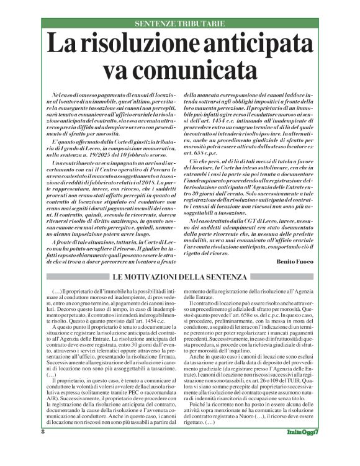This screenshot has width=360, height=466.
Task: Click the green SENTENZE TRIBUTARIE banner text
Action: point(179,23)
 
